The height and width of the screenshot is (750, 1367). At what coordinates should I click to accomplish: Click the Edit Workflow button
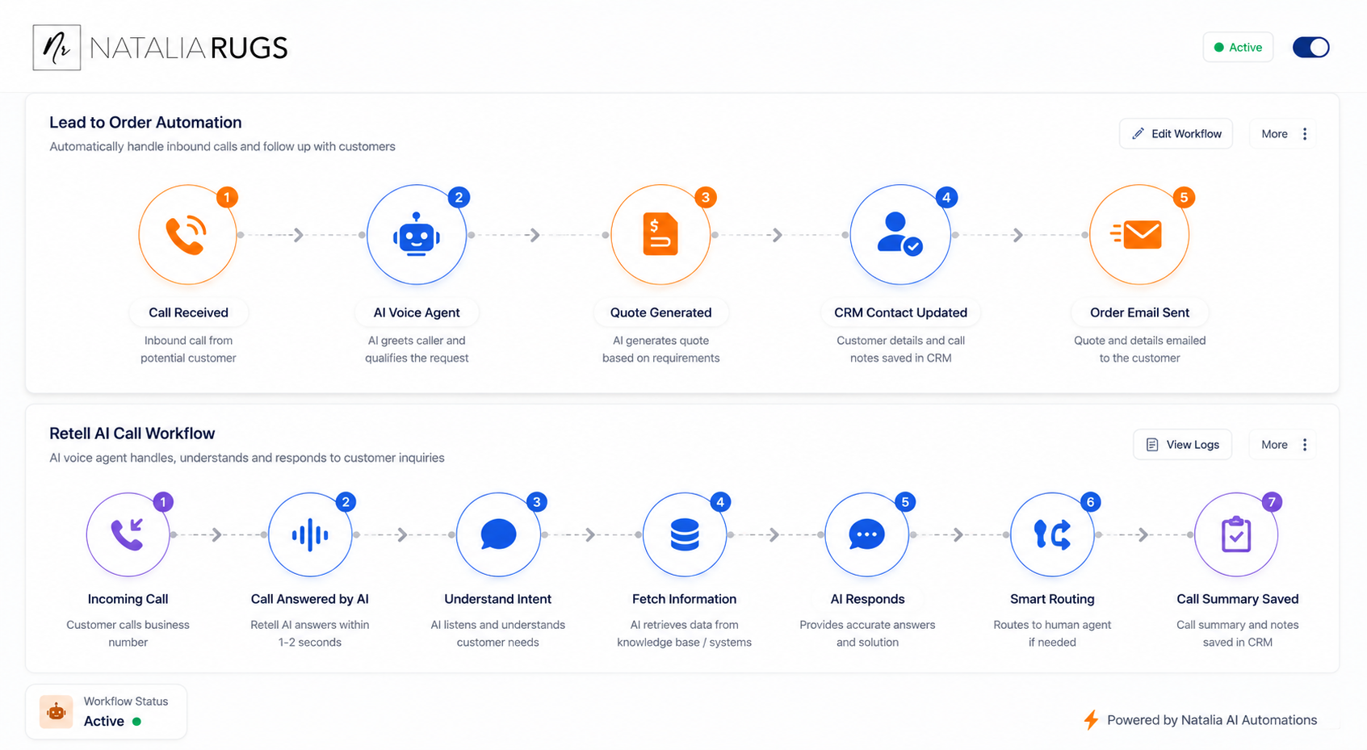tap(1176, 134)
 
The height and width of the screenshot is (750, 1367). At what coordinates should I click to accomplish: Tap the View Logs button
tap(1183, 444)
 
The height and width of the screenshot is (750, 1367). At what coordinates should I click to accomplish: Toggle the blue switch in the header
tap(1310, 47)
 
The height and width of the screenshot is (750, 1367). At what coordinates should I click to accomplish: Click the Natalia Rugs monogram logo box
tap(57, 48)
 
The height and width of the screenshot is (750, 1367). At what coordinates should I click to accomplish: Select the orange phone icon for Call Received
tap(187, 234)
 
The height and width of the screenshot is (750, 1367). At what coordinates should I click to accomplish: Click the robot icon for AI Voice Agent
tap(416, 234)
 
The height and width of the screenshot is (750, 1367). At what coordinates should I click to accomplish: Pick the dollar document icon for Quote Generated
tap(660, 234)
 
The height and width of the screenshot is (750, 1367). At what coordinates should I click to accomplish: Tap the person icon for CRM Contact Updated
tap(899, 234)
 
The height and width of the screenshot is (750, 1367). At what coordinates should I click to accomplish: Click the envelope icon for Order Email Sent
tap(1136, 234)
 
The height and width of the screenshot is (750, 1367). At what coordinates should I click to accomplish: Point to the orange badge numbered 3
tap(706, 197)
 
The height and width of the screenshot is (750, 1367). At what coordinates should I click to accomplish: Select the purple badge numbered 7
tap(1272, 501)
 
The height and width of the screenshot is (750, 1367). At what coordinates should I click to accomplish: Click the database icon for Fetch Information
tap(684, 534)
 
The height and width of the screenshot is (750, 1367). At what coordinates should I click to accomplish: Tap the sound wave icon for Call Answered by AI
tap(310, 534)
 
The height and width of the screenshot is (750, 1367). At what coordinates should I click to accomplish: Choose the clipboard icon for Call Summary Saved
tap(1236, 534)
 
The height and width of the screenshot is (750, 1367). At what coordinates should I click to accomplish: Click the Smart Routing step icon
tap(1052, 534)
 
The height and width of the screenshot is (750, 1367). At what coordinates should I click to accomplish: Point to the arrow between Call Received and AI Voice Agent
tap(299, 235)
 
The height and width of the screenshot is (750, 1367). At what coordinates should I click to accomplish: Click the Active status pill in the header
tap(1238, 47)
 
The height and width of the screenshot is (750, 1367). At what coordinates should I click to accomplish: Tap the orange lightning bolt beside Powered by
tap(1091, 720)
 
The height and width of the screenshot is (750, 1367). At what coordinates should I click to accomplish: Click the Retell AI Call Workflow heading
tap(132, 434)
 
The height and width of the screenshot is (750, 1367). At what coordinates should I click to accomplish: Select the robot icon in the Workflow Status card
tap(57, 711)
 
